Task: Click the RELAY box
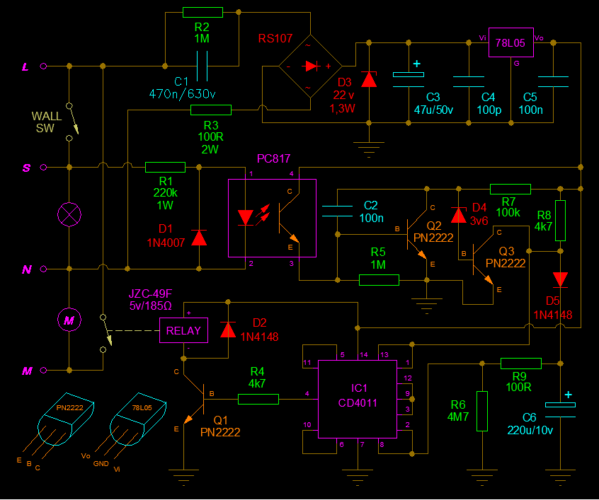183,330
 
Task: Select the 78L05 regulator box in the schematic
510,43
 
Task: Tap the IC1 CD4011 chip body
355,399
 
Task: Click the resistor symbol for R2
202,12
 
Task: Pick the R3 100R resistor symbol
211,110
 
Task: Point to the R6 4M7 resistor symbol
482,410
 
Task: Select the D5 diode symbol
561,279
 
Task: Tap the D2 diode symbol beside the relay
228,330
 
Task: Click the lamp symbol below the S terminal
69,214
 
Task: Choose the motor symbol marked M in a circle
69,320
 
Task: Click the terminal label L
26,66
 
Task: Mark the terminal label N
26,269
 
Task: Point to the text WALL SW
45,122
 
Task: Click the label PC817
274,158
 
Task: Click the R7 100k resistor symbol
510,189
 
